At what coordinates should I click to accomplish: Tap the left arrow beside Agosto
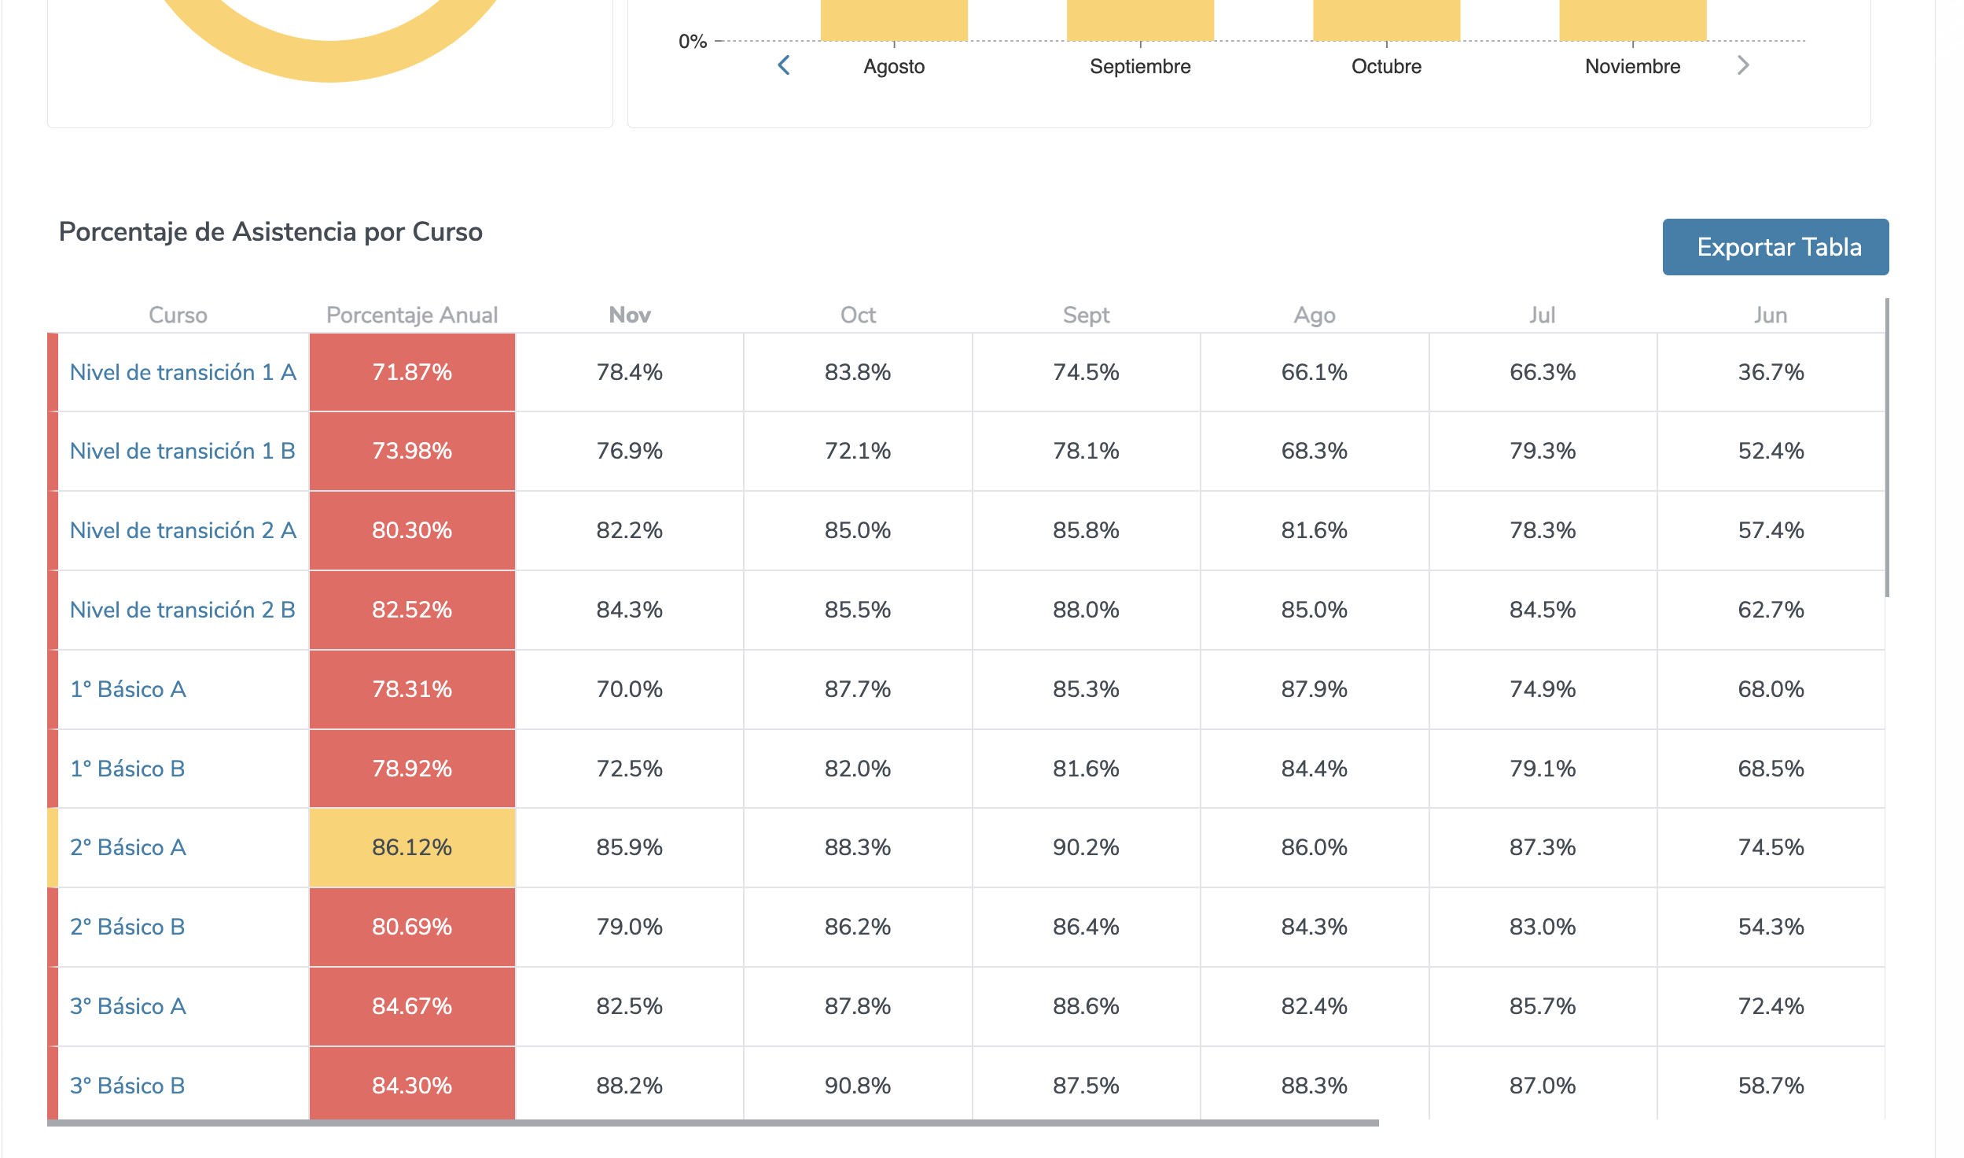[783, 65]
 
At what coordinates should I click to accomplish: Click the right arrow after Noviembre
[1742, 65]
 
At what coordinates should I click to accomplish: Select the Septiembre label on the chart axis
[1139, 67]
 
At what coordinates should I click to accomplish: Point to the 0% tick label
[692, 42]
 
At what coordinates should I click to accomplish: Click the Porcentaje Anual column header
[412, 315]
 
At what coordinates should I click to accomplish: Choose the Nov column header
[629, 315]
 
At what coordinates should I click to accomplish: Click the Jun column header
[1770, 315]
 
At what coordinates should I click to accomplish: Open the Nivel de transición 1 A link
[182, 372]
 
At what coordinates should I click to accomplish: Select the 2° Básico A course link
[128, 847]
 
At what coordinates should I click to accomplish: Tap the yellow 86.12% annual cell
[412, 847]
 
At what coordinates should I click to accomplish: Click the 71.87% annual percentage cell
[412, 372]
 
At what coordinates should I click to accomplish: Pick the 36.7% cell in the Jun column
[1770, 372]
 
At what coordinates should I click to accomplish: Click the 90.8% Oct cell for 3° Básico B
[857, 1086]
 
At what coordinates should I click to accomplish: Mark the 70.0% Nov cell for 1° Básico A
[629, 689]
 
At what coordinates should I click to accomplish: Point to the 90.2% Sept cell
[1085, 847]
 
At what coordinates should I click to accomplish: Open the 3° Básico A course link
[128, 1006]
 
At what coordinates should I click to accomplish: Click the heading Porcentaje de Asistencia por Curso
[270, 232]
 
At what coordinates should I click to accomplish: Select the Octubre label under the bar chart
[1385, 67]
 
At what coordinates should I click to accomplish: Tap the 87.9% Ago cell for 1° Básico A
[1314, 689]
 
